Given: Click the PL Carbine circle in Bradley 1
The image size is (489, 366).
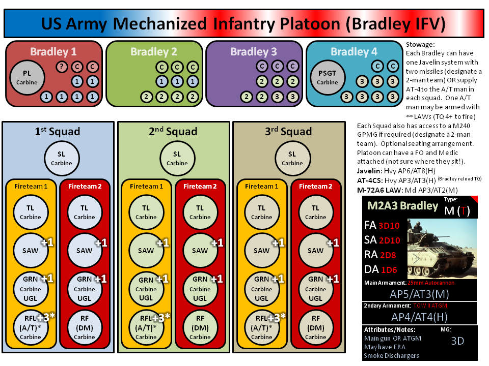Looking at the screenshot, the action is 27,77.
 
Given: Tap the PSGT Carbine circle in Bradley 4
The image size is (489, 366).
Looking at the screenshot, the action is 328,77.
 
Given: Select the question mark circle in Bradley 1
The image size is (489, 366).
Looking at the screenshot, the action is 62,67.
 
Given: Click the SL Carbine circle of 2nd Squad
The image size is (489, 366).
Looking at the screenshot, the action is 177,159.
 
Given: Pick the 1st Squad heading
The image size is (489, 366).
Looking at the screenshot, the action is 58,131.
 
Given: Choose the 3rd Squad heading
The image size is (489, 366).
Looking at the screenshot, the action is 288,131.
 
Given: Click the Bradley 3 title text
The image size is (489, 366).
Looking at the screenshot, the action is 254,51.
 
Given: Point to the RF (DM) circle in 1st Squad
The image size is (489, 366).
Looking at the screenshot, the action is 85,327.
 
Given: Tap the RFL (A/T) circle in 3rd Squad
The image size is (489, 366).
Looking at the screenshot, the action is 262,327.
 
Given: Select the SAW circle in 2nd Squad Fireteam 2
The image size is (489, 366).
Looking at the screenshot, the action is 200,251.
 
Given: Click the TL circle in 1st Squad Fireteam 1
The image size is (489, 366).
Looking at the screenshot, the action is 31,212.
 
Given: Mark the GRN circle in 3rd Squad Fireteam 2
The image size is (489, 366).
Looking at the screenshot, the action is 316,289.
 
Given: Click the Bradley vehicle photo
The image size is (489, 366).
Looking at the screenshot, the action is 442,249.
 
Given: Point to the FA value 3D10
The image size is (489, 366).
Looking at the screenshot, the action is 389,226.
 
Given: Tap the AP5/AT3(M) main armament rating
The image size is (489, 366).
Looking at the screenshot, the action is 419,294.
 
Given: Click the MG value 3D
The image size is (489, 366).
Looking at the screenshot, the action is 457,341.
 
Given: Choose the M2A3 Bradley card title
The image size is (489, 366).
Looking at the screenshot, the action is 402,206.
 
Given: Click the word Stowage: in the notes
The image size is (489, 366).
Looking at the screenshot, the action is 420,45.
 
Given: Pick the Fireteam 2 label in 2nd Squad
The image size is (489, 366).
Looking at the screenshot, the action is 200,186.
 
